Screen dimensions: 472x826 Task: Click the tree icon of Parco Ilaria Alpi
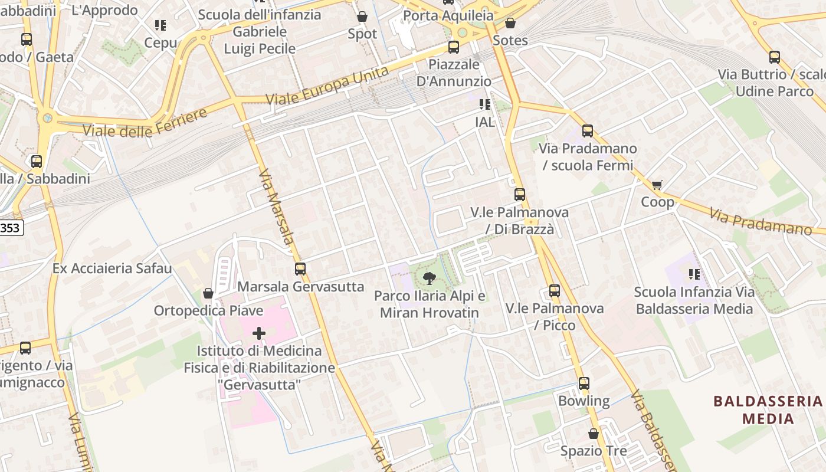(430, 278)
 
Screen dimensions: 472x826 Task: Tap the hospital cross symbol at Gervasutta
(258, 333)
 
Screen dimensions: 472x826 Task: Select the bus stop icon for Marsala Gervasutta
(300, 269)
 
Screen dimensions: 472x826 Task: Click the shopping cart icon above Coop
(657, 185)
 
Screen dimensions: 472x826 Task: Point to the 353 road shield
(10, 228)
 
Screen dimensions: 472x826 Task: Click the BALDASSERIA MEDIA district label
(767, 410)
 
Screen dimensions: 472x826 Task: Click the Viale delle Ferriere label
(145, 123)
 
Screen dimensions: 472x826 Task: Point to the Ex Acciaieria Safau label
(112, 268)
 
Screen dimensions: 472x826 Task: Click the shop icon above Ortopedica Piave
(208, 293)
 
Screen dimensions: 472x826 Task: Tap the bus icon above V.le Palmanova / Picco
(554, 290)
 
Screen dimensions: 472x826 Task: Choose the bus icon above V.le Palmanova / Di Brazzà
(519, 194)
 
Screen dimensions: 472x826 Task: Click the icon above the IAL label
(485, 104)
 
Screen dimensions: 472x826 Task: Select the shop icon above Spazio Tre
(594, 434)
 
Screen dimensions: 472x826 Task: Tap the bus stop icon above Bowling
(584, 383)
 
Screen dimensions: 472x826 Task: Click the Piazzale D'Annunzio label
(454, 73)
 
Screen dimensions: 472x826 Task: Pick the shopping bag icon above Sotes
(510, 23)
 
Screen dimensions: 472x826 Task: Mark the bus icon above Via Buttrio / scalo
(774, 57)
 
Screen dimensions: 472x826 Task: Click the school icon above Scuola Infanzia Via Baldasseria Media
(694, 274)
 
